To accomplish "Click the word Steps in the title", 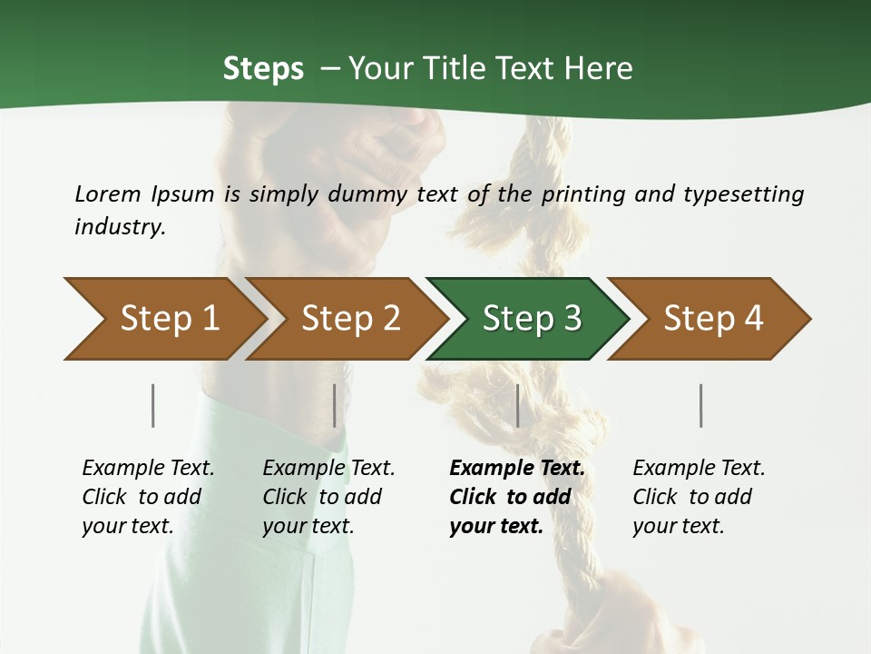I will coord(263,68).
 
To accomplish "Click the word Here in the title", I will coord(598,68).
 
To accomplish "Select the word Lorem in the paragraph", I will coord(108,193).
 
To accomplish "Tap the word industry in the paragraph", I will coord(119,227).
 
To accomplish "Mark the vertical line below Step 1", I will coord(153,405).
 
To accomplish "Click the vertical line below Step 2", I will coord(335,405).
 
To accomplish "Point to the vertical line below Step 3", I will coord(517,405).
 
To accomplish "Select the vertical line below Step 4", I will coord(701,405).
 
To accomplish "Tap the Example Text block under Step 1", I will coord(148,496).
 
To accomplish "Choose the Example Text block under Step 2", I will coord(328,496).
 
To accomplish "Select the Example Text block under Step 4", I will coord(699,496).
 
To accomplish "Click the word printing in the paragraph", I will coord(584,193).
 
